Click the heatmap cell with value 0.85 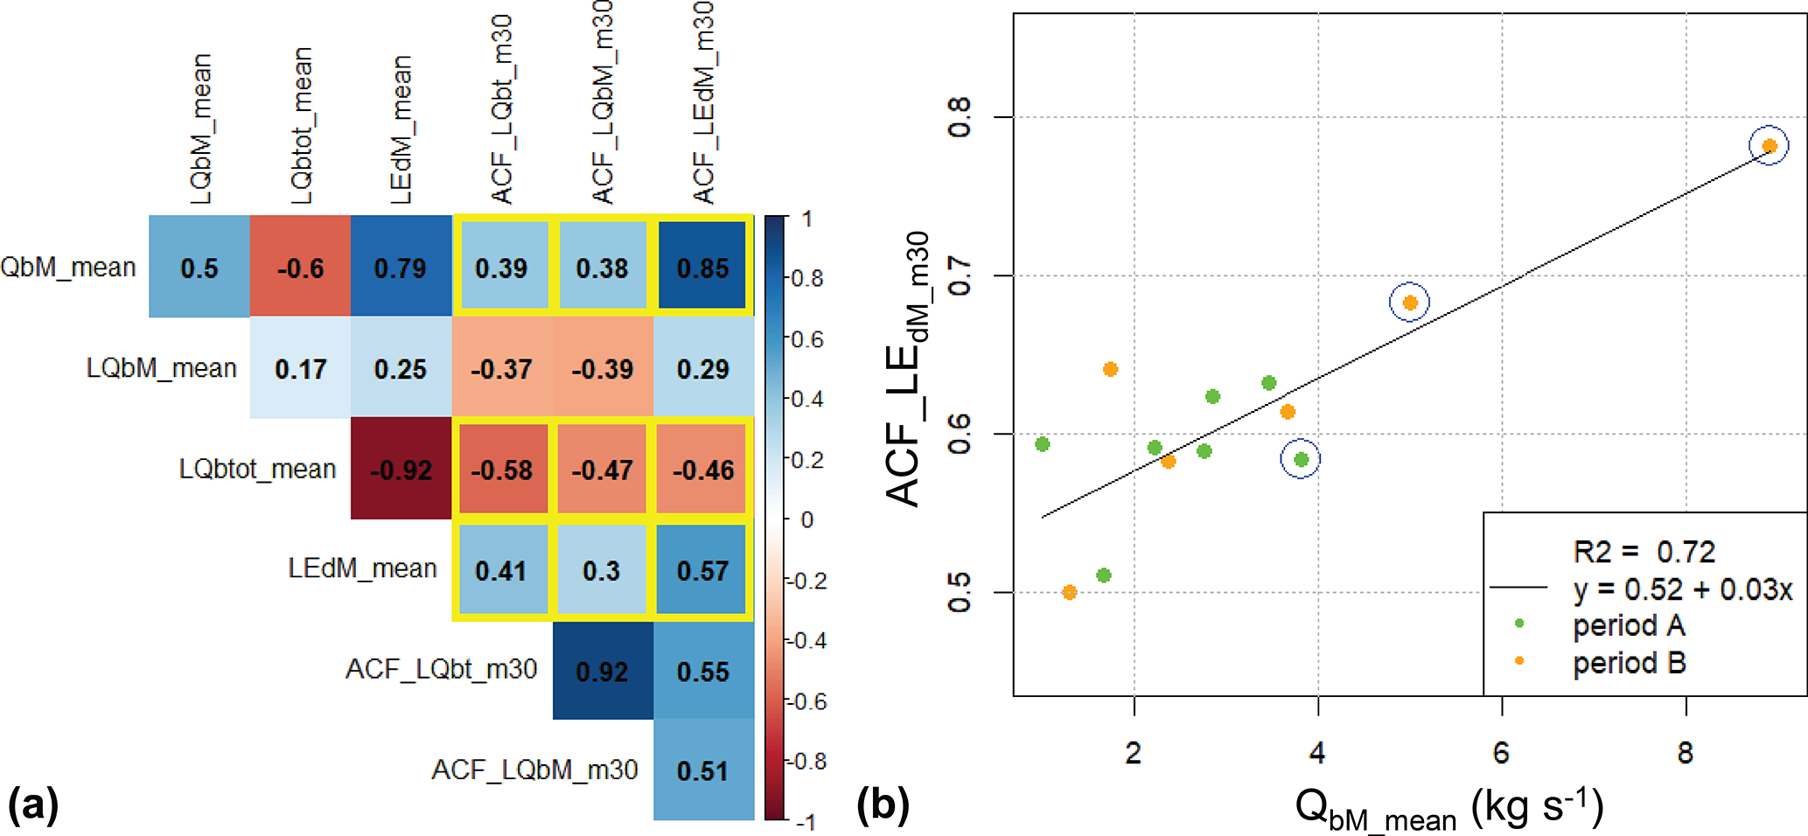click(703, 267)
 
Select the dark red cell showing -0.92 click(401, 469)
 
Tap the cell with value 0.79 click(401, 267)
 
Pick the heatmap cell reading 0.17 click(300, 368)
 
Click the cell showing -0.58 click(501, 469)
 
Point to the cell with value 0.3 click(602, 570)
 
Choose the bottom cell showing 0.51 click(703, 770)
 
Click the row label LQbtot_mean click(257, 469)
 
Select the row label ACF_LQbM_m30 click(534, 770)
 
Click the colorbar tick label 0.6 click(807, 339)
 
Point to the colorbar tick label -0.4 click(806, 641)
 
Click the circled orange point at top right click(1769, 146)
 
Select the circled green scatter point click(1301, 459)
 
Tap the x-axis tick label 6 click(1502, 752)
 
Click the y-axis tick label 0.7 click(960, 276)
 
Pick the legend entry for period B click(1629, 663)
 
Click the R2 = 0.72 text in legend click(1644, 552)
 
